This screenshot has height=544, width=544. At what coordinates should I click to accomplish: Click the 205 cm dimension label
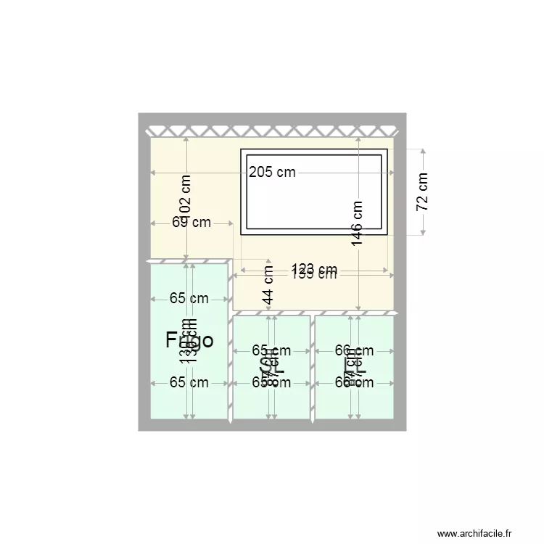(272, 172)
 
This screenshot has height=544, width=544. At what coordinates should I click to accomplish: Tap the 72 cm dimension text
(423, 191)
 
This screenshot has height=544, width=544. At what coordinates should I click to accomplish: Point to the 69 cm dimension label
(191, 222)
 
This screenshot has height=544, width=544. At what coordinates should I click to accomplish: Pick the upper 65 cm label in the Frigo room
(189, 297)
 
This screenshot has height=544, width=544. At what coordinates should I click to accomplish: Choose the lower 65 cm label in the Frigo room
(189, 383)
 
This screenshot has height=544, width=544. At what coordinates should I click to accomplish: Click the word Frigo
(189, 340)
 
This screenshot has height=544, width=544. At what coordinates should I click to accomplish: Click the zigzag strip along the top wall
(272, 131)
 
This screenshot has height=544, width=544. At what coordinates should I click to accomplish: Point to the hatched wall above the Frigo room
(189, 260)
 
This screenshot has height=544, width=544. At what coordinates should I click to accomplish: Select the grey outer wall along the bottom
(272, 426)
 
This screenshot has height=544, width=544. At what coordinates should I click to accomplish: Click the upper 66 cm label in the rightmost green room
(355, 351)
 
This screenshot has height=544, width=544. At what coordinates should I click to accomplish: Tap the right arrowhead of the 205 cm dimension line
(392, 172)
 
